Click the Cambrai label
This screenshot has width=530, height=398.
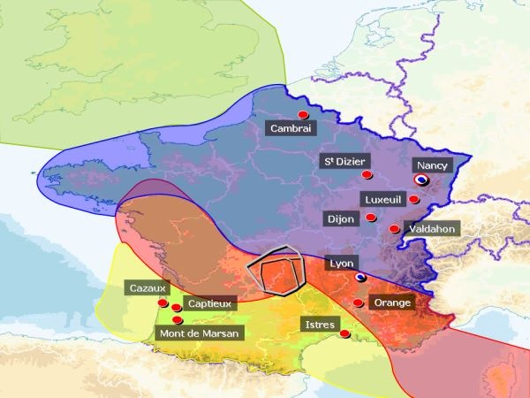291,129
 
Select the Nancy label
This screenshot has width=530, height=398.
432,165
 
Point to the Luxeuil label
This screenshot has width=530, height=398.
382,199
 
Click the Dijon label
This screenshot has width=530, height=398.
339,218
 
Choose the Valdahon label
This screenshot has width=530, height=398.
432,228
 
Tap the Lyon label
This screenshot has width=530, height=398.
340,264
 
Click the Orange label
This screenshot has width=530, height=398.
392,302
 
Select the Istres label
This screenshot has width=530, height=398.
319,325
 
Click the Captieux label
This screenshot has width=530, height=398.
210,303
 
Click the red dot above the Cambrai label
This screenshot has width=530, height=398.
303,115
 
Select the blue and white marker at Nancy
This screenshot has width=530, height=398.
421,179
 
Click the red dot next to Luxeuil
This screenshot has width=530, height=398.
413,199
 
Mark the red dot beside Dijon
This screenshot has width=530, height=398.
371,218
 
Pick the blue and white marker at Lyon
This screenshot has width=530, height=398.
360,277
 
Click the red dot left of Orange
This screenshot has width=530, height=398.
358,303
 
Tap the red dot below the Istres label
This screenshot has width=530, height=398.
344,334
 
